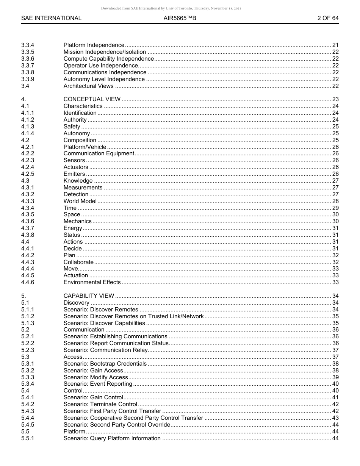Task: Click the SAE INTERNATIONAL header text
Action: pos(51,18)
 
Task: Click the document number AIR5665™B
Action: pos(180,18)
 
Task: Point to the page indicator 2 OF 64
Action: pos(328,18)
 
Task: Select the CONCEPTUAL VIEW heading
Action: pos(92,99)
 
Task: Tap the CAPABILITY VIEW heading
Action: pos(89,296)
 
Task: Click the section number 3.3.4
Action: pos(28,45)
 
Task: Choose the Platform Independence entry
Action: pos(94,45)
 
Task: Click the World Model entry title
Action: pos(80,201)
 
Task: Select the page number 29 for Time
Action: pos(335,208)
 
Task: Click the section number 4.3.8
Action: pos(28,235)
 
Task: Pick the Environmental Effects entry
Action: pos(92,282)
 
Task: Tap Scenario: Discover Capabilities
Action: pos(104,323)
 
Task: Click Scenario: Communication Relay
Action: pos(106,350)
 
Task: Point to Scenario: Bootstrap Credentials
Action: pos(105,364)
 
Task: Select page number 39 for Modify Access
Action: pos(335,377)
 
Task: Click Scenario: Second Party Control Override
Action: pos(117,425)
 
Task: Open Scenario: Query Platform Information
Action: pos(112,438)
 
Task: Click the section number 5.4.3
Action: pos(28,411)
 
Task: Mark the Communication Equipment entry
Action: pos(99,153)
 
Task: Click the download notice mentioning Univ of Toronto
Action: pos(171,8)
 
